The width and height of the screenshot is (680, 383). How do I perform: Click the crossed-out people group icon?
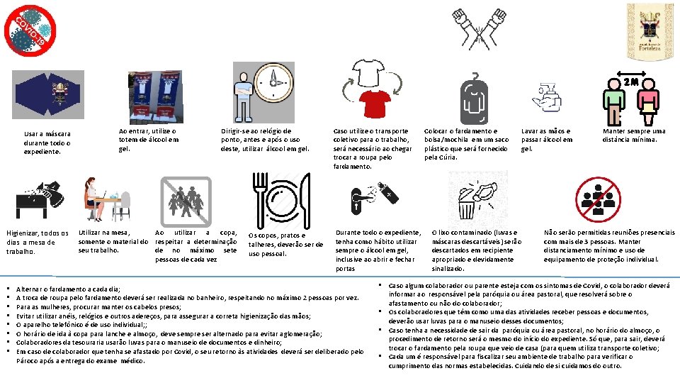tap(186, 199)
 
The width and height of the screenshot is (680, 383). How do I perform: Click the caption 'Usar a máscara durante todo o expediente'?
tap(47, 142)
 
